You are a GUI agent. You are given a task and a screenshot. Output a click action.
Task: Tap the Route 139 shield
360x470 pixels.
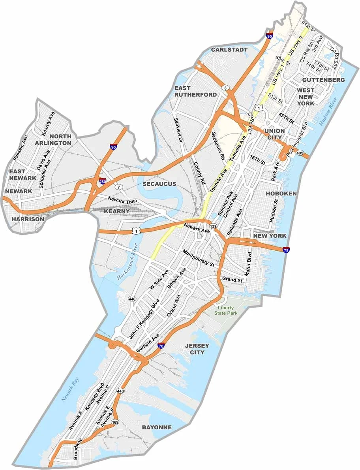point(214,226)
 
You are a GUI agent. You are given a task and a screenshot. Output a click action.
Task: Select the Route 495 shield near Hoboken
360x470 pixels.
point(301,153)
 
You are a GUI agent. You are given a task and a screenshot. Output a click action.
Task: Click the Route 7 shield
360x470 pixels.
point(119,186)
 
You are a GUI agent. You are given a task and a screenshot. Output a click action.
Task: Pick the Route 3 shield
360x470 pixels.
point(225,87)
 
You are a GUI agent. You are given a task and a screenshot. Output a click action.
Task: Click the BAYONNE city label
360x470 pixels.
point(157,427)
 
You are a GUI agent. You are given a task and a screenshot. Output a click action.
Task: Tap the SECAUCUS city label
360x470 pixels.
point(159,184)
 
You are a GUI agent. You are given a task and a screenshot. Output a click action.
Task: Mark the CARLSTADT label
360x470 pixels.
point(229,50)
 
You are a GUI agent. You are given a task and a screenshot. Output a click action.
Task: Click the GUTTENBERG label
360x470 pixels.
point(323,80)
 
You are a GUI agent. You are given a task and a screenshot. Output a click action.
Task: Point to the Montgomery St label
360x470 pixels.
point(198,258)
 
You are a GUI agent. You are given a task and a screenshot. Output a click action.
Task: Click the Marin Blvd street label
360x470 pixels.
point(248,264)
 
